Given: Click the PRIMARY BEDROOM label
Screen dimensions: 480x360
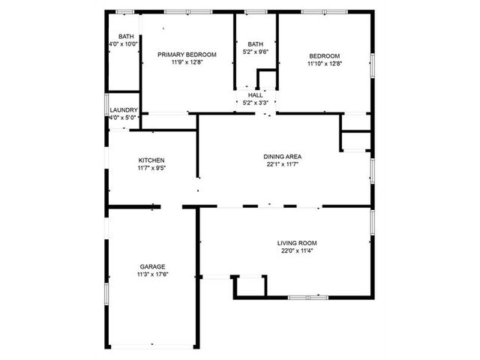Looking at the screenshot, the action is pyautogui.click(x=187, y=55).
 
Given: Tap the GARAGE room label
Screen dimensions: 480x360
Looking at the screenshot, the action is pyautogui.click(x=152, y=267).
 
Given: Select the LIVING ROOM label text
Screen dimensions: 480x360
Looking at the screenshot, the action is pyautogui.click(x=297, y=243).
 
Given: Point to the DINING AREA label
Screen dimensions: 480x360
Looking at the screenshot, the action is pyautogui.click(x=282, y=157).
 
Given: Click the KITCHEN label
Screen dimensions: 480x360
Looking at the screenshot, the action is pyautogui.click(x=151, y=160).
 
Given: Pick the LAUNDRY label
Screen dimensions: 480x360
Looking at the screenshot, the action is pyautogui.click(x=124, y=110).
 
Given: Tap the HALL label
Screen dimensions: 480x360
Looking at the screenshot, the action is pyautogui.click(x=255, y=95).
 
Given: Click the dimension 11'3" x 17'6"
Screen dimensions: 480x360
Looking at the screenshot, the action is pyautogui.click(x=153, y=274).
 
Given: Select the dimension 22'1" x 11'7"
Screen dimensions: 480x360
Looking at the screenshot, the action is pyautogui.click(x=282, y=164).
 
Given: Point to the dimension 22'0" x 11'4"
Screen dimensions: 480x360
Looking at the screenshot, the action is pyautogui.click(x=297, y=250).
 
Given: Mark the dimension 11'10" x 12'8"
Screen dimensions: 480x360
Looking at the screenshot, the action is pyautogui.click(x=325, y=64).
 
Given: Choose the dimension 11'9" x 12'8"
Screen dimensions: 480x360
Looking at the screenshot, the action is pyautogui.click(x=187, y=62).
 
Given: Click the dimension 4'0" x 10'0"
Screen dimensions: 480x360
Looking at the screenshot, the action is pyautogui.click(x=124, y=44).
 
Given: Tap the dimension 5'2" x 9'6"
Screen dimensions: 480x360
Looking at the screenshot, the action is pyautogui.click(x=255, y=52).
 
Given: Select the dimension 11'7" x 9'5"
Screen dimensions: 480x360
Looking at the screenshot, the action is pyautogui.click(x=151, y=168).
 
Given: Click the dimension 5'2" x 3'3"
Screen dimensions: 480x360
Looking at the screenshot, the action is pyautogui.click(x=255, y=103).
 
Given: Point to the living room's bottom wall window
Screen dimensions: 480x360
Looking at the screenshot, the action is pyautogui.click(x=308, y=297).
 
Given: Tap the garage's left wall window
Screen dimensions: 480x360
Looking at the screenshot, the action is pyautogui.click(x=106, y=294).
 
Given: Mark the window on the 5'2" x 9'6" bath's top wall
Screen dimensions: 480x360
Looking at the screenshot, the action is pyautogui.click(x=256, y=12).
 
